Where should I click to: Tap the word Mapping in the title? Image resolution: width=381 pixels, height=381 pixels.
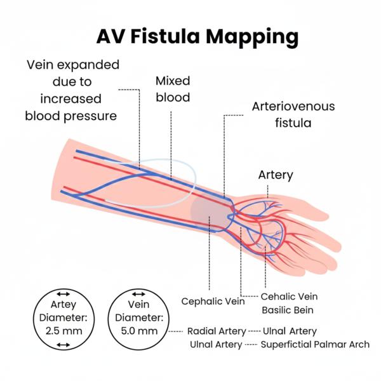[x=254, y=37]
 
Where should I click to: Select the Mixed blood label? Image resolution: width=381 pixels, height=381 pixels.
[x=173, y=90]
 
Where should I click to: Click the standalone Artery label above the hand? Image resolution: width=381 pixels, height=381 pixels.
[x=275, y=174]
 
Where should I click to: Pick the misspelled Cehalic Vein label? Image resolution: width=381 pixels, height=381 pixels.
[x=290, y=297]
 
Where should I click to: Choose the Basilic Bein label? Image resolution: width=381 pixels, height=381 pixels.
[x=289, y=311]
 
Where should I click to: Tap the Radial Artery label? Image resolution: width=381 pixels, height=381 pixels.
[x=217, y=331]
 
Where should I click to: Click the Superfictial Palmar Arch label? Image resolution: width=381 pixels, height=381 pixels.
[x=316, y=345]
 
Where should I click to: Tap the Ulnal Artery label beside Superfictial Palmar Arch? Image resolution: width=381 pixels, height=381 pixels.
[x=216, y=345]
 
